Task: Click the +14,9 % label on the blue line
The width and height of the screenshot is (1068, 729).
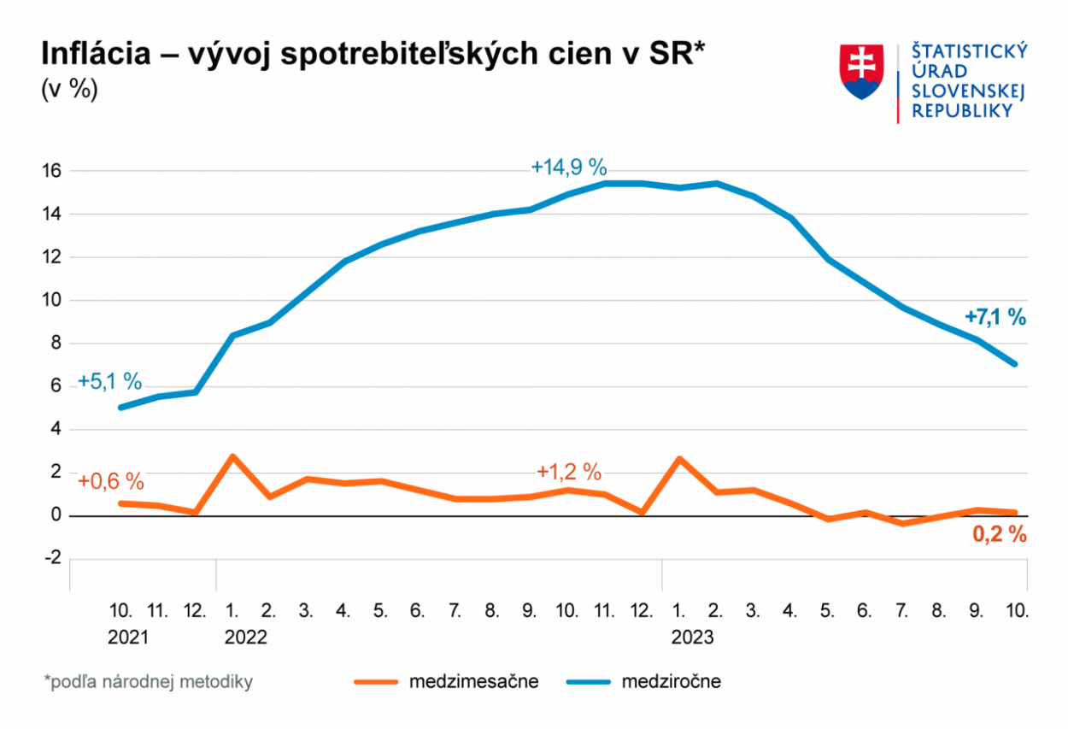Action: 568,167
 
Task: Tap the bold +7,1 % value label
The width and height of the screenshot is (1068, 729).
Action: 995,317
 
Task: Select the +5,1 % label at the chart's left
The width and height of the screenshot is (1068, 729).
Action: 109,381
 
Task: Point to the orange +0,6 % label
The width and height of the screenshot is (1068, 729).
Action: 111,480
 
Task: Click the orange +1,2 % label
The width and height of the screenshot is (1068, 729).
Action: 569,472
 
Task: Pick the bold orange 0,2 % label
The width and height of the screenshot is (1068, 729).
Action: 999,535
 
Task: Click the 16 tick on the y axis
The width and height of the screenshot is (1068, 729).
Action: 52,171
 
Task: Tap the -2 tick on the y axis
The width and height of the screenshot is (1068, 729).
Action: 52,558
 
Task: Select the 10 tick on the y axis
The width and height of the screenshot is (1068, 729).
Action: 52,300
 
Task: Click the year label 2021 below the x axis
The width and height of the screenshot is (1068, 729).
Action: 128,638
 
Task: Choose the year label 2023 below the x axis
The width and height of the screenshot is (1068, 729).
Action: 692,638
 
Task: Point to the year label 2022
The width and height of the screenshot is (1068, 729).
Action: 246,638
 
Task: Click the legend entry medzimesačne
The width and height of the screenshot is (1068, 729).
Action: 473,682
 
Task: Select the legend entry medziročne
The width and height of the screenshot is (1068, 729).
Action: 671,682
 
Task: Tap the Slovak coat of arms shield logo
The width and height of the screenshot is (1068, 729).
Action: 861,72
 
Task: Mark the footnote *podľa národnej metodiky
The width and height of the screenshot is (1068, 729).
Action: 149,682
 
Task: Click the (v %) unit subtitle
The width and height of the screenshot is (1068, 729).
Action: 69,90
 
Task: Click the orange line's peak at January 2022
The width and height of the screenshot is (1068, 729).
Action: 232,456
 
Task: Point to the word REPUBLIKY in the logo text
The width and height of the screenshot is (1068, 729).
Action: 963,111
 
